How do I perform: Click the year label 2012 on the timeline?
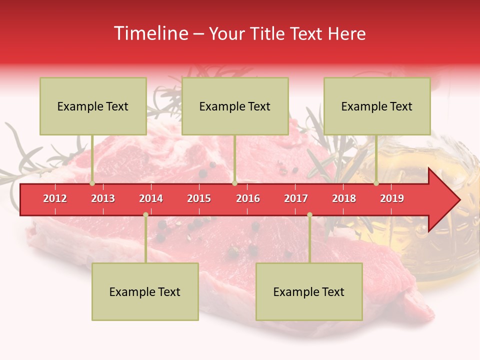tap(55, 198)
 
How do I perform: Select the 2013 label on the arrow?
tap(103, 198)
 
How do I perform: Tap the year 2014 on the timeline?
tap(151, 198)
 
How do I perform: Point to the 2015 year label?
tap(199, 198)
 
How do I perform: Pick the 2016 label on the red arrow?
tap(248, 198)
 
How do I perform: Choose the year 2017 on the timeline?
tap(296, 198)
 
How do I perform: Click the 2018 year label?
tap(344, 198)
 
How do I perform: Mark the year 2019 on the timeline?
tap(392, 198)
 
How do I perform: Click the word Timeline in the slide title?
tap(150, 33)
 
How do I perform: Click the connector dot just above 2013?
tap(92, 183)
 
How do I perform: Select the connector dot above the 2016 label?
tap(234, 183)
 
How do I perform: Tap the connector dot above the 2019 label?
tap(376, 183)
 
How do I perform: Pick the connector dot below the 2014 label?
tap(145, 215)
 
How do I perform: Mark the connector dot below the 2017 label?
tap(309, 215)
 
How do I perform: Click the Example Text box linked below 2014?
tap(145, 292)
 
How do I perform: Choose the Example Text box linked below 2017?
tap(309, 292)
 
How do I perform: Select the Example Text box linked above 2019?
tap(377, 106)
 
